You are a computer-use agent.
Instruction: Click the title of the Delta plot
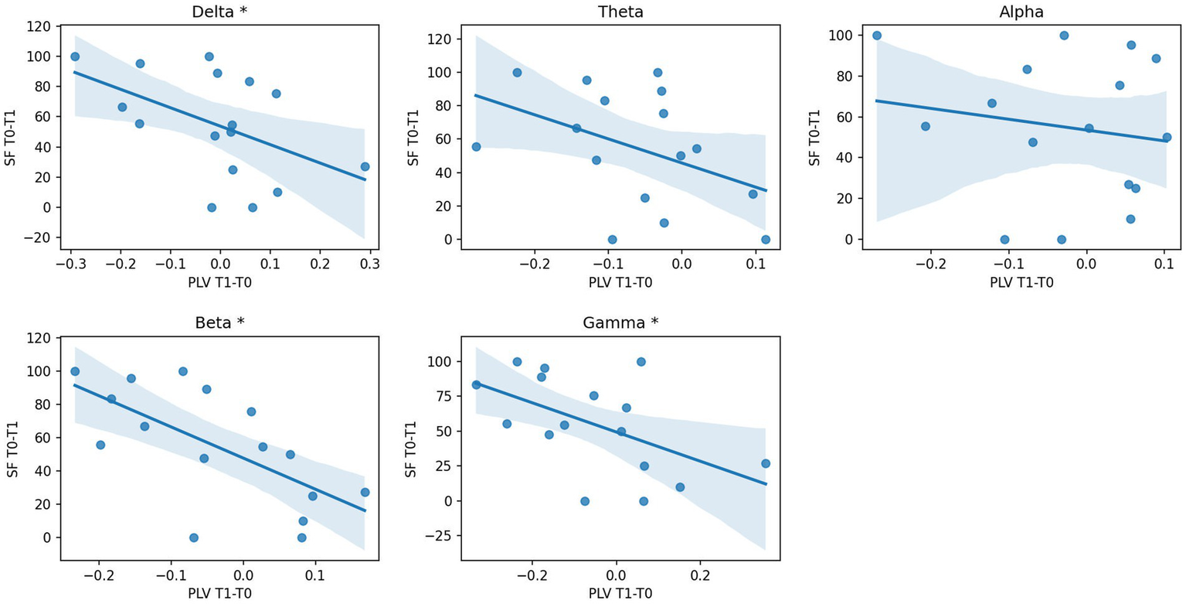(219, 12)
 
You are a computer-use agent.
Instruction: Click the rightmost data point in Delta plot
(365, 166)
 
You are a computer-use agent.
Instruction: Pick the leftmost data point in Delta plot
(75, 56)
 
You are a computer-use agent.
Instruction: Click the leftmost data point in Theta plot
(476, 147)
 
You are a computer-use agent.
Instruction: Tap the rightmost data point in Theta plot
(766, 240)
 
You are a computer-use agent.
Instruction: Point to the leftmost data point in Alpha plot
(877, 36)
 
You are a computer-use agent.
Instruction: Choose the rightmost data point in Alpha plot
(1167, 137)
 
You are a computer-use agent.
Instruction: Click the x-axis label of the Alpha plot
(1021, 283)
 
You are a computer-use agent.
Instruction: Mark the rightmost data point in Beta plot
(365, 493)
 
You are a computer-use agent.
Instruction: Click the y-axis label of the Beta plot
(12, 449)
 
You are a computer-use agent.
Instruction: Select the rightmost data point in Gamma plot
(766, 463)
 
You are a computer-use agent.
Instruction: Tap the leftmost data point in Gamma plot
(476, 384)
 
